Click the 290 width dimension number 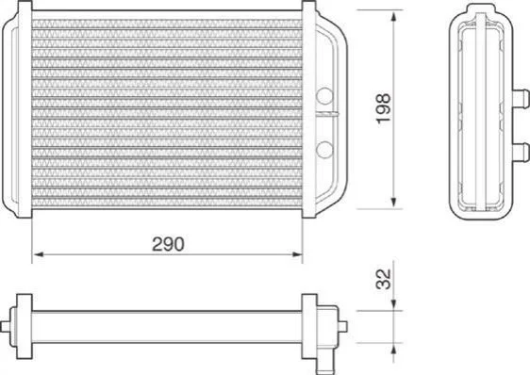pos(168,244)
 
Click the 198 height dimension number pos(383,108)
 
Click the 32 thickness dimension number pos(383,279)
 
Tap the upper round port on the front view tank pos(324,95)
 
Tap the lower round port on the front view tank pos(324,150)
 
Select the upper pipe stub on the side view pos(521,99)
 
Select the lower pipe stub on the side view pos(521,153)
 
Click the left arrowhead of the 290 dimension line pos(39,254)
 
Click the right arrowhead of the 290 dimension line pos(297,254)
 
